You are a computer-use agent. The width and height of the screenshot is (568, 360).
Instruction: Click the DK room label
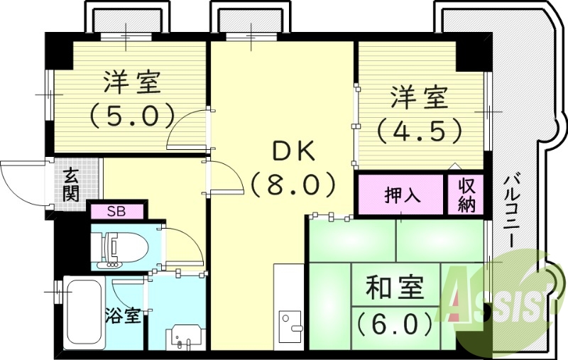coord(293,153)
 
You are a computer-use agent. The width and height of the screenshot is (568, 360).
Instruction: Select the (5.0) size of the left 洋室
coord(132,114)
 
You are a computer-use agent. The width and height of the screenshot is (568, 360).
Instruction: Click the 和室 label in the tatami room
coord(395,287)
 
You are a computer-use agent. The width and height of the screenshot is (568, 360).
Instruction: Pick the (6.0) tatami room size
coord(395,324)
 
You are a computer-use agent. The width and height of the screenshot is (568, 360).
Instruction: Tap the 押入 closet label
coord(403,195)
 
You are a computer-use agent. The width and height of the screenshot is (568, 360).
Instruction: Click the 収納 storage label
coord(466,195)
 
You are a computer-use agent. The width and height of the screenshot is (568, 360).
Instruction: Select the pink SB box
coord(116,212)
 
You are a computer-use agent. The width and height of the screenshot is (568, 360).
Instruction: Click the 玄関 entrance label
coord(70,185)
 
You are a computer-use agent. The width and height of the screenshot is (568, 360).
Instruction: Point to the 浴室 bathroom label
coord(123,316)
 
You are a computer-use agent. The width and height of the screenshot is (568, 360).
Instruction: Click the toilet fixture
coord(119,249)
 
